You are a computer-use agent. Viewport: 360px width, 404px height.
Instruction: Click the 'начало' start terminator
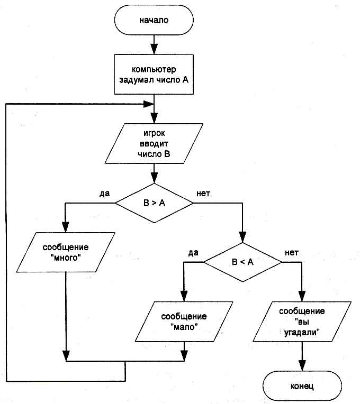[x=154, y=21]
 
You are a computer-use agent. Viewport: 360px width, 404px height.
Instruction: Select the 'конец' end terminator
[x=302, y=386]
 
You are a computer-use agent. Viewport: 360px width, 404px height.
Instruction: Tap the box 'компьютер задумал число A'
[x=154, y=75]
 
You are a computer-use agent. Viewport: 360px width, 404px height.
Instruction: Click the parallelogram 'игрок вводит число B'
[x=154, y=143]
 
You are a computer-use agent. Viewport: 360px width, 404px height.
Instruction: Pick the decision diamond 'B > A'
[x=154, y=203]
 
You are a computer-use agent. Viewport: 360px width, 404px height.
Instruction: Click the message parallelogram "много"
[x=66, y=253]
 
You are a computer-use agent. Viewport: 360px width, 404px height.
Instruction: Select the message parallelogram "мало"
[x=185, y=322]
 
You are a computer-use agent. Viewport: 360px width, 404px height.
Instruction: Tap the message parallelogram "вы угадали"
[x=302, y=322]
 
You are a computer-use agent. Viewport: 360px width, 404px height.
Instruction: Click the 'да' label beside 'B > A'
[x=104, y=193]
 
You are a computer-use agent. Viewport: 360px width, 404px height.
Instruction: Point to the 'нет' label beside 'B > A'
[x=204, y=193]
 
